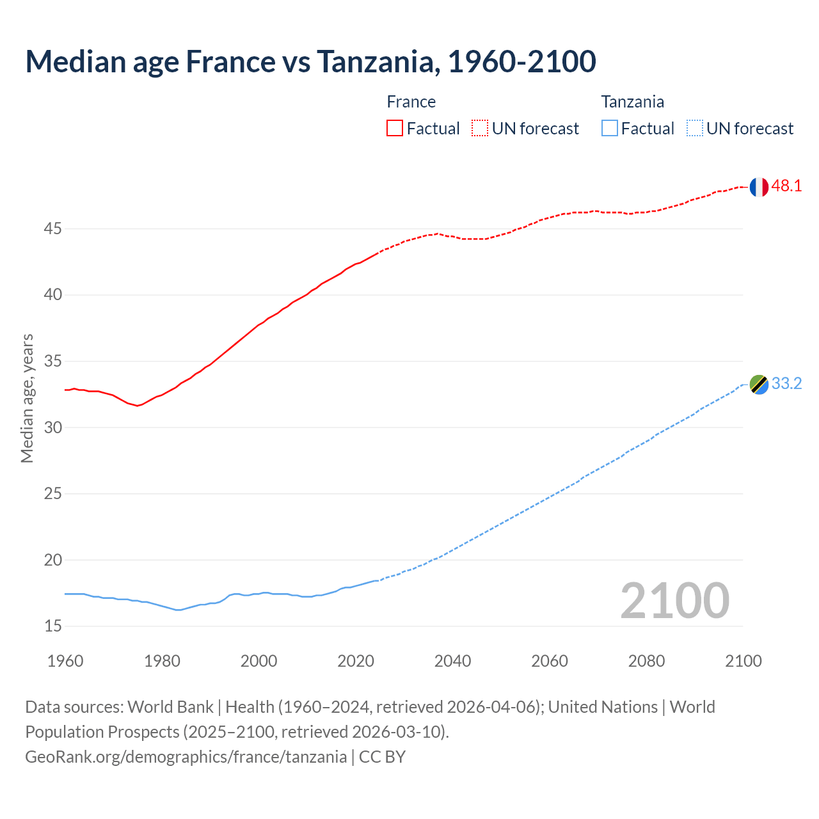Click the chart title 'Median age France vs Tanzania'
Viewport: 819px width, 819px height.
pos(311,61)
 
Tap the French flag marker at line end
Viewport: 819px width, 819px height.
pos(759,187)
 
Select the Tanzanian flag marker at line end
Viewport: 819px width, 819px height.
pos(759,385)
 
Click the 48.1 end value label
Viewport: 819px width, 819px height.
pos(786,186)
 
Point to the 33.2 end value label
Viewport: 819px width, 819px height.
pos(786,384)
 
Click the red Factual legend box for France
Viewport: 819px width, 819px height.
pos(395,128)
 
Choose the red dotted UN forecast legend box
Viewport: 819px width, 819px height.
pos(480,128)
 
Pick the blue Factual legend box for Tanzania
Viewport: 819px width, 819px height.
pos(610,128)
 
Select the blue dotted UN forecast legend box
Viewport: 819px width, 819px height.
pos(694,128)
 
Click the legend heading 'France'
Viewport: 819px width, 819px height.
pos(411,102)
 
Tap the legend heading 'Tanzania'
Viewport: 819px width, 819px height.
pos(632,102)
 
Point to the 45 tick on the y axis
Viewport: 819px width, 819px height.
pos(53,228)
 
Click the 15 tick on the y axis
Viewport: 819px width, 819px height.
pos(53,626)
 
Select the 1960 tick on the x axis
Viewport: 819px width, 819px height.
pos(65,661)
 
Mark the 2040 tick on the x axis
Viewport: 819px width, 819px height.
pos(452,661)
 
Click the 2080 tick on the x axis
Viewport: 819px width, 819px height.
pos(646,661)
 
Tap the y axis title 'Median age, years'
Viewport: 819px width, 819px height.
pos(27,398)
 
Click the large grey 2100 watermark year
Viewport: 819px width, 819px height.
pos(674,600)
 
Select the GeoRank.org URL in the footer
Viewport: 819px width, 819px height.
pos(186,757)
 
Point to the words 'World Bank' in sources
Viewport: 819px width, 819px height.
pos(170,707)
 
